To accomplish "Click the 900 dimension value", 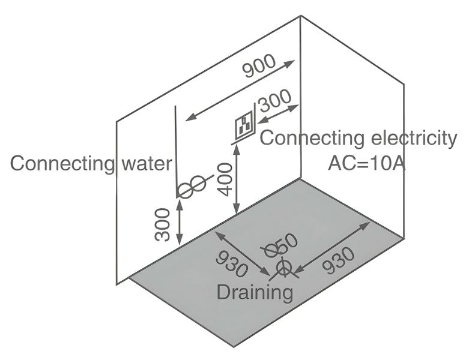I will tap(259, 66).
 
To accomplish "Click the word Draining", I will tap(255, 293).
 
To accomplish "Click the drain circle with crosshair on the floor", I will tap(283, 267).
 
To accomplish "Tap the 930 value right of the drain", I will tap(339, 260).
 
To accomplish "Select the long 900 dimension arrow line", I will tap(240, 89).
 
